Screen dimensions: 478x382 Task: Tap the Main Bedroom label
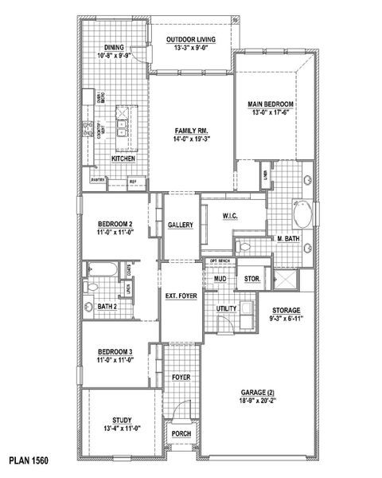[x=272, y=104]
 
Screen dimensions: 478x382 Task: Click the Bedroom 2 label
[x=115, y=223]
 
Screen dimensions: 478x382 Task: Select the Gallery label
[x=181, y=225]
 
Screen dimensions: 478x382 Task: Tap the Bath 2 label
[x=107, y=306]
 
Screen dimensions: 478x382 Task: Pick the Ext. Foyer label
[x=181, y=296]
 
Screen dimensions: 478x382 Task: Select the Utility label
[x=227, y=307]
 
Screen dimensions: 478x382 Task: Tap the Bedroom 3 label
[x=115, y=351]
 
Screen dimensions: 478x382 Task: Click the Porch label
[x=181, y=435]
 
